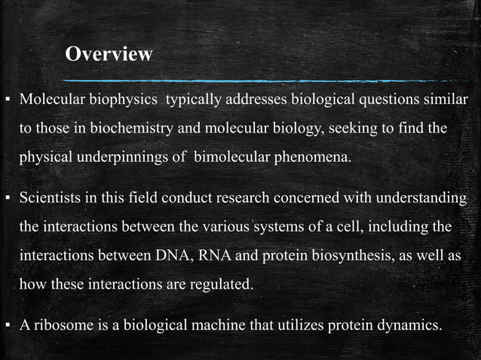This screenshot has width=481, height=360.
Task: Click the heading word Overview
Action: coord(109,54)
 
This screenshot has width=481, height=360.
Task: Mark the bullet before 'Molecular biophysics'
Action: coord(7,101)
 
